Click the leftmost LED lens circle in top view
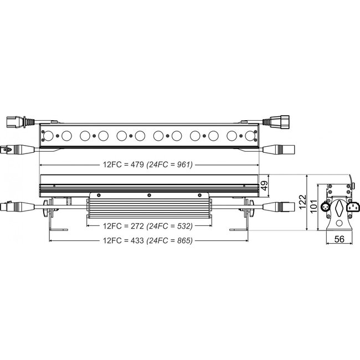point(48,135)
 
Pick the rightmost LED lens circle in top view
point(250,135)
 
